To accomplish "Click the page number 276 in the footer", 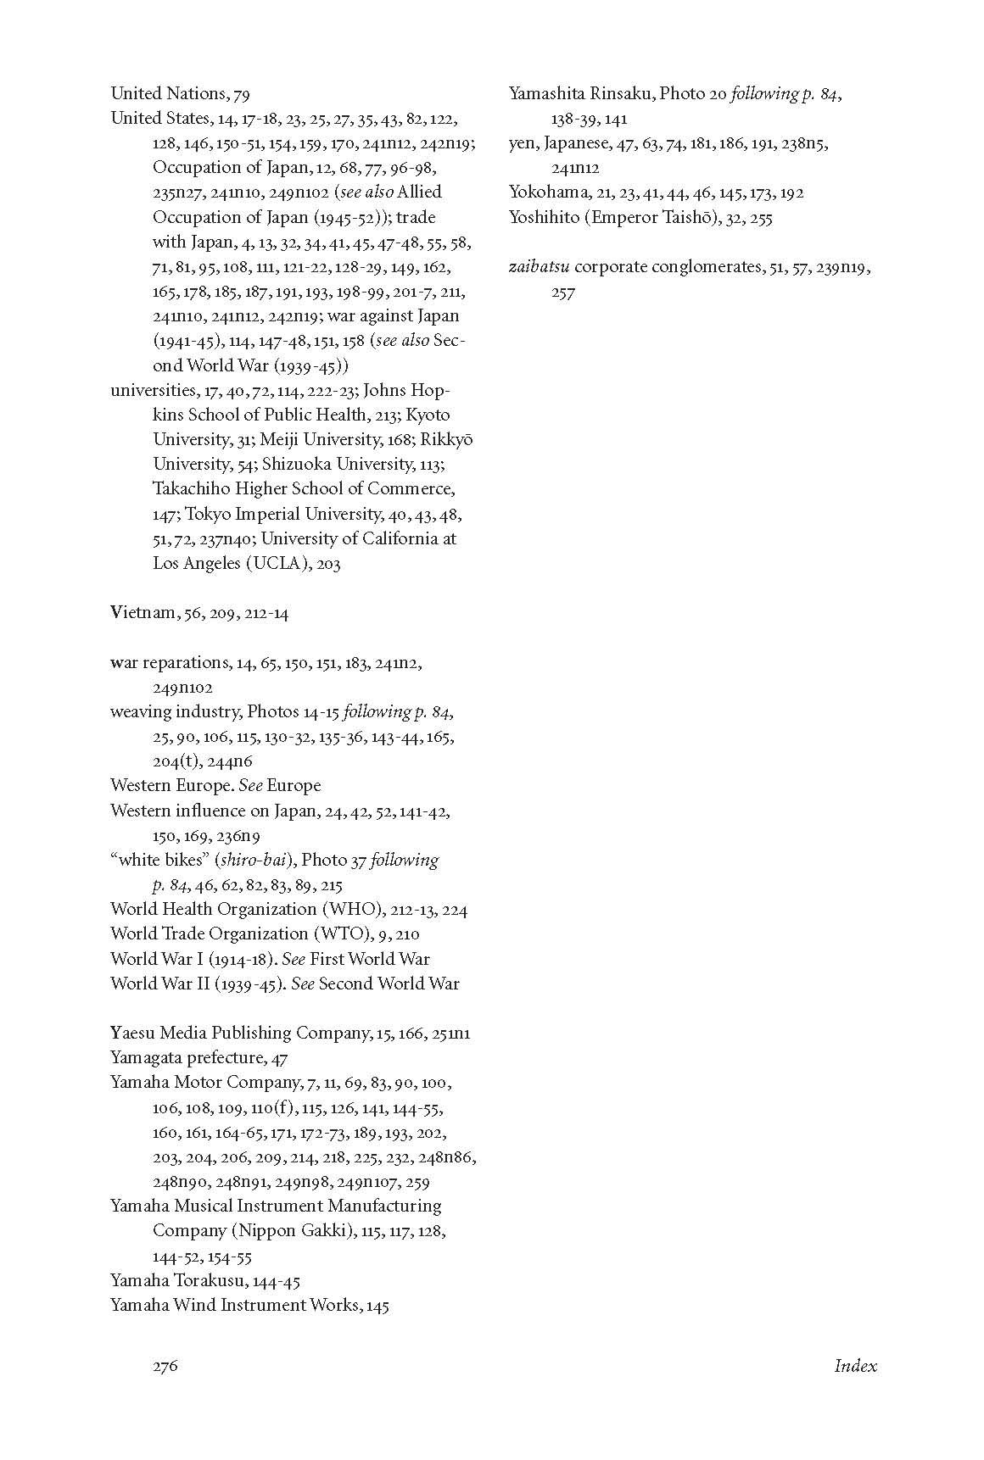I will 165,1366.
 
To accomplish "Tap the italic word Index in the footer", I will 855,1366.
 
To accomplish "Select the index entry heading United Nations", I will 167,93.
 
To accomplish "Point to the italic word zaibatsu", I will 539,267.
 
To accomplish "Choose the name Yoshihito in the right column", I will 542,217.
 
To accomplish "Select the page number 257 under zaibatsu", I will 562,293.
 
